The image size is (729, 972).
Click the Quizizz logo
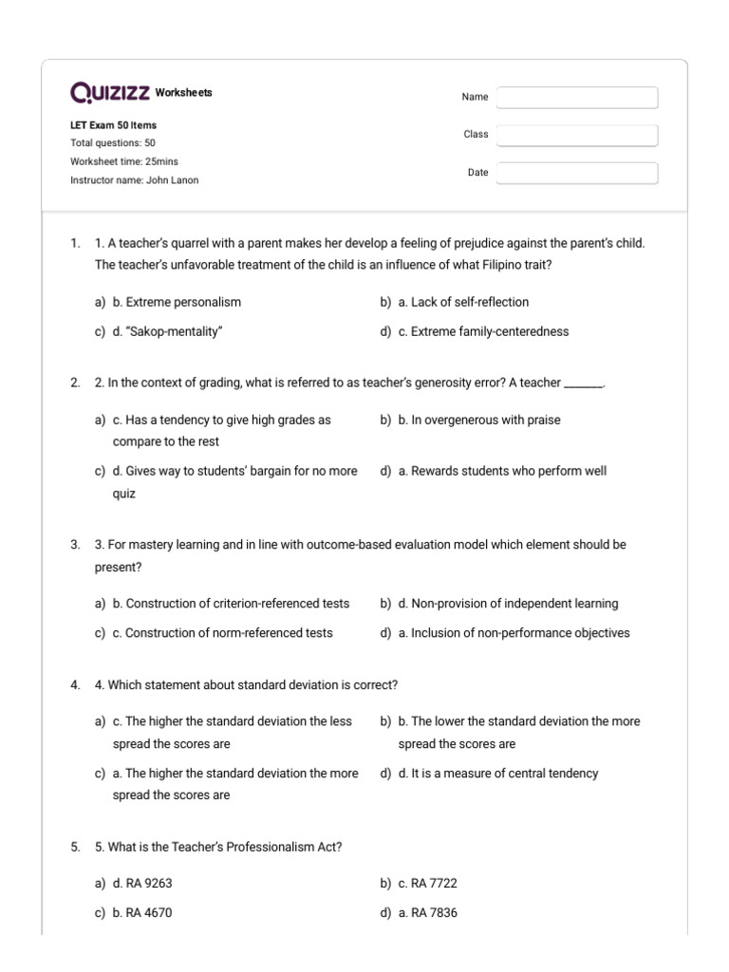(109, 93)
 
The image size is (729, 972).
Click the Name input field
(576, 98)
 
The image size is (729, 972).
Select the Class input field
(576, 135)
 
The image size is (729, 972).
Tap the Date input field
(576, 173)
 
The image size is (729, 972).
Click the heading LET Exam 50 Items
(114, 125)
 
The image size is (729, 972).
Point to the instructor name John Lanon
(135, 180)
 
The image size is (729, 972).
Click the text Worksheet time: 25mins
(124, 161)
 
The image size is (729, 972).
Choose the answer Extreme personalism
(177, 302)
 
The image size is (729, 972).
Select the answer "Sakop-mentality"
(168, 332)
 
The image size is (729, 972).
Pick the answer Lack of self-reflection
(463, 302)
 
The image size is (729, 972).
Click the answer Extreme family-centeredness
(483, 332)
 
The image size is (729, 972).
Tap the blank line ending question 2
(584, 384)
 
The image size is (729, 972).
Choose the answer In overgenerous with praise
(479, 420)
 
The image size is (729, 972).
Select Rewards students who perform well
(502, 471)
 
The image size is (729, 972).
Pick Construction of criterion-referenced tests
(231, 604)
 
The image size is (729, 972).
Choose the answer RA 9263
(142, 883)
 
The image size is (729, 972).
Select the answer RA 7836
(427, 913)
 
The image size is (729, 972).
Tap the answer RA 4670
(142, 913)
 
